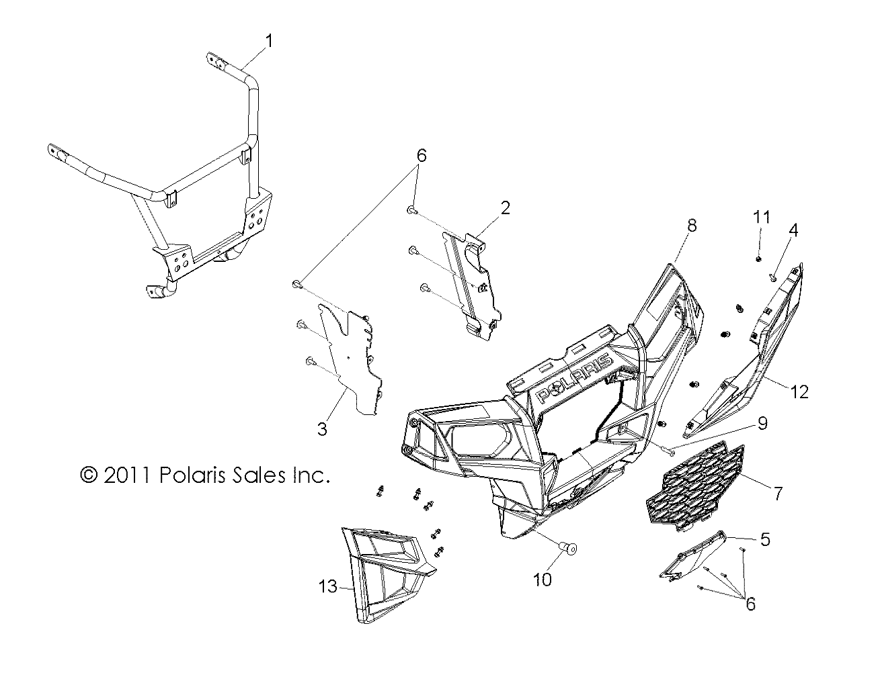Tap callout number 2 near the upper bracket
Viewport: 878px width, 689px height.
pos(504,208)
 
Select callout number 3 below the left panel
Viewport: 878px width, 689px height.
pos(322,429)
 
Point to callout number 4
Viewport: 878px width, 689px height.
pos(793,230)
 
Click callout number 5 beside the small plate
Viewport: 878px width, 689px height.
pos(765,539)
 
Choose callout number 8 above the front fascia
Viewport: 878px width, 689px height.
pos(692,226)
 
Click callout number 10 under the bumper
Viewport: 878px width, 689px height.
pos(542,580)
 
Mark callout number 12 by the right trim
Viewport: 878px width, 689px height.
pos(799,392)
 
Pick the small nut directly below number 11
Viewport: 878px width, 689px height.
pos(758,258)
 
